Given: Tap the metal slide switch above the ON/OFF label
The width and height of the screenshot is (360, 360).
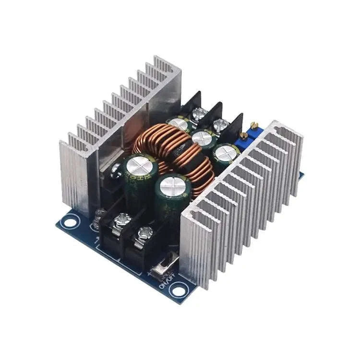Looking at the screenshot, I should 166,267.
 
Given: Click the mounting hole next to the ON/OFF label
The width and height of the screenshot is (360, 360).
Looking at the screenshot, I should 179,290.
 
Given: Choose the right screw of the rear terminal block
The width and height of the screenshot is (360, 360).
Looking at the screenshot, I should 220,126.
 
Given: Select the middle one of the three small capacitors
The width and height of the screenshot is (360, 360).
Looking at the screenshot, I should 202,138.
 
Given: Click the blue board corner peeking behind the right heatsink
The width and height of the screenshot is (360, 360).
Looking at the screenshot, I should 301,176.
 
